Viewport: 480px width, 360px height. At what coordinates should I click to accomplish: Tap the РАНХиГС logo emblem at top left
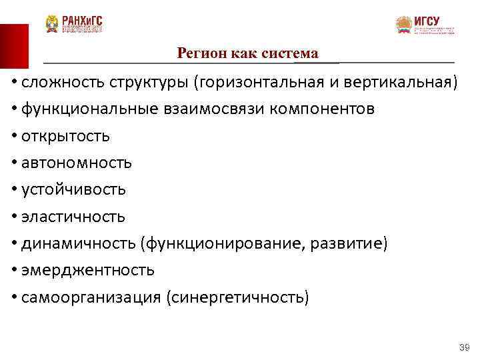point(52,24)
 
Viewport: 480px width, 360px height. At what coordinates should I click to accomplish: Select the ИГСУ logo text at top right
point(427,21)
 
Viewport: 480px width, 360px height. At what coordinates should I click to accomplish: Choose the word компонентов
point(322,109)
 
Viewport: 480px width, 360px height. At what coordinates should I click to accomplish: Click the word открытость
point(65,136)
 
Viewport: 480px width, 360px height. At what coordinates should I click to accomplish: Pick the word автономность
point(76,163)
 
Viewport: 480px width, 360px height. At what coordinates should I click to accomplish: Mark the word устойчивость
point(73,189)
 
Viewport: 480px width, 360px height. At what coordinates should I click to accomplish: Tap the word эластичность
point(73,217)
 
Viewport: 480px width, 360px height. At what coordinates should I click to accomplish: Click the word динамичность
point(79,243)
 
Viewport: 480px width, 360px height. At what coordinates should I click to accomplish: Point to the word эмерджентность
point(87,270)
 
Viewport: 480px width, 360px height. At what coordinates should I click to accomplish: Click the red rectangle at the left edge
point(14,46)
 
